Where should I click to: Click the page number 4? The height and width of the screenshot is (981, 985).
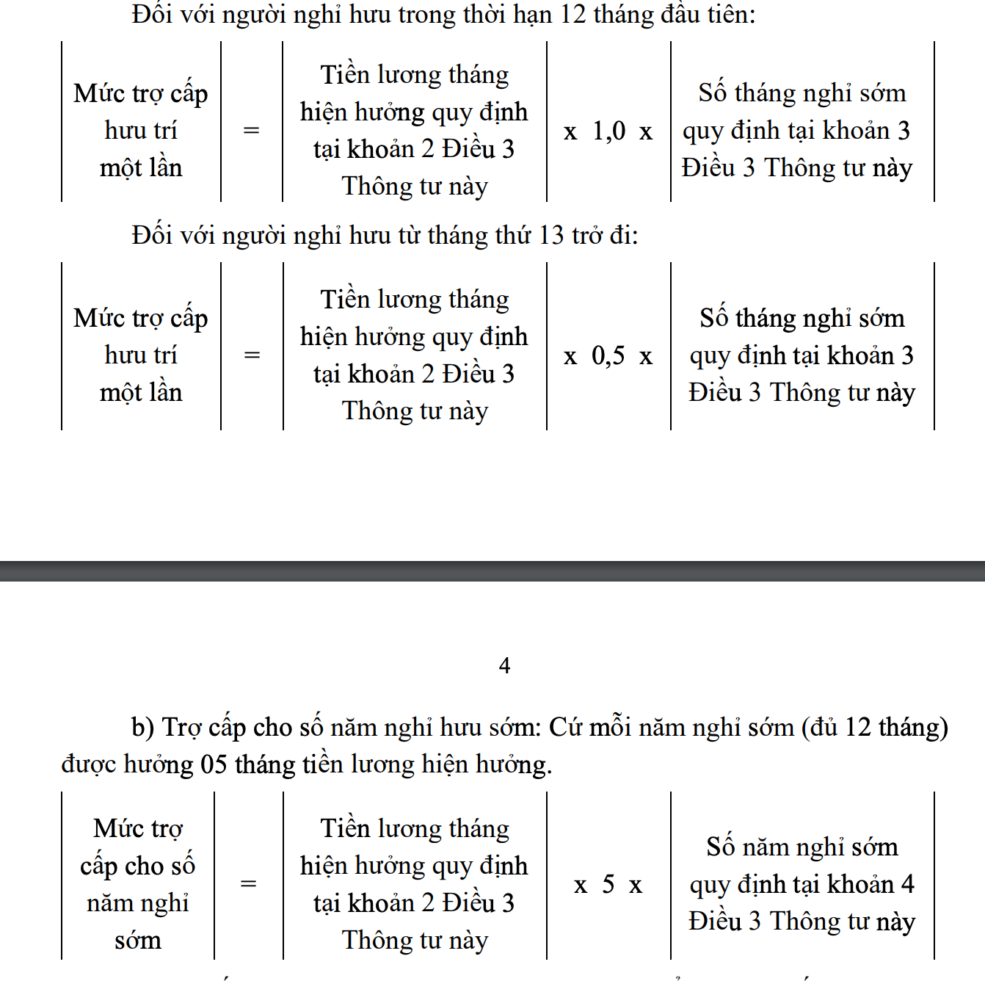click(504, 665)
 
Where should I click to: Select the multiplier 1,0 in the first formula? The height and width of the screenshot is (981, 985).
click(608, 131)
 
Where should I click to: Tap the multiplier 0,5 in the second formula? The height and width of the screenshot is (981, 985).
click(608, 356)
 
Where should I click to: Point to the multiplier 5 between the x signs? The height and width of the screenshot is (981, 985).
click(608, 884)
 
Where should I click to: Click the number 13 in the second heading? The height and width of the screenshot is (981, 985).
click(551, 236)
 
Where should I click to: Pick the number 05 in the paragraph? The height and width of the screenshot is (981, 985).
click(214, 764)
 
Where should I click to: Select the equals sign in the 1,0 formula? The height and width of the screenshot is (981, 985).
click(251, 131)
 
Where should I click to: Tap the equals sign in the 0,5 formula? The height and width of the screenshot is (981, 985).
click(251, 355)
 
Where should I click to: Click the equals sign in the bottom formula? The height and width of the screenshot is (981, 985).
click(249, 883)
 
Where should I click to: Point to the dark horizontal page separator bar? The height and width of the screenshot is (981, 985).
click(492, 571)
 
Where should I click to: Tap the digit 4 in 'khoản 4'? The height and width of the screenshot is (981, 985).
click(907, 884)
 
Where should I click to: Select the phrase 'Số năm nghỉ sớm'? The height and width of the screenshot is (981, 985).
click(802, 847)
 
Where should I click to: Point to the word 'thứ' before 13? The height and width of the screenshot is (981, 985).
click(513, 236)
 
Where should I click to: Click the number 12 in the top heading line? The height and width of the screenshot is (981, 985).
click(573, 15)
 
